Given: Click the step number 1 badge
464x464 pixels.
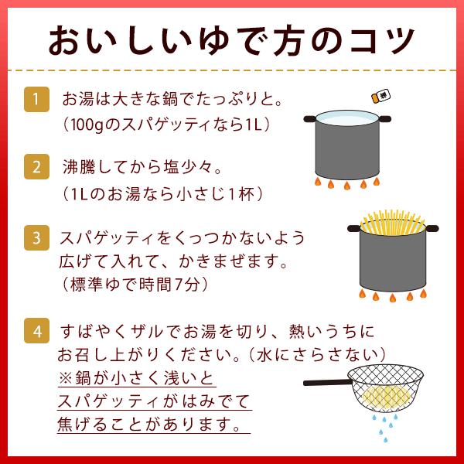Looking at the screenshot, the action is (x=36, y=100).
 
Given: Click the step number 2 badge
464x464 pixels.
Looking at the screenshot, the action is (x=36, y=167).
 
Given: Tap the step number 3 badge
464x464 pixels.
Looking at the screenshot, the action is (x=36, y=237).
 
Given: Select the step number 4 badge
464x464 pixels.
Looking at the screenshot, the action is (x=36, y=330).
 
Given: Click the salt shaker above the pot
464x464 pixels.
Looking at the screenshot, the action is (x=380, y=97).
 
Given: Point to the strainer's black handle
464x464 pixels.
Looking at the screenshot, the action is (x=326, y=383).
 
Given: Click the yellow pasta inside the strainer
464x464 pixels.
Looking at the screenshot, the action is (x=386, y=397).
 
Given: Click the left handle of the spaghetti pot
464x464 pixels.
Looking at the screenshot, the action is (x=354, y=228).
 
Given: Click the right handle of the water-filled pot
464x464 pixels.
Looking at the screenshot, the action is (x=384, y=119).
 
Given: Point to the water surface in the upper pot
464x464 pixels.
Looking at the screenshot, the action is (x=347, y=118).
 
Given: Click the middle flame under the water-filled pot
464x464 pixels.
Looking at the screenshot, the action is (x=346, y=186).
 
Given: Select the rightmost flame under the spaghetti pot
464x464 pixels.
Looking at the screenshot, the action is (x=424, y=294).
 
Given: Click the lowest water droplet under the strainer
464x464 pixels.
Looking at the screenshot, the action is (x=385, y=440).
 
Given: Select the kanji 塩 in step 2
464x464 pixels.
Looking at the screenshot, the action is (x=172, y=167).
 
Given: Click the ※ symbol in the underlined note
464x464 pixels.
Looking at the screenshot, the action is (x=65, y=378).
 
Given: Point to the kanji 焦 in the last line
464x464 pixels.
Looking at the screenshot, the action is (x=65, y=424).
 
